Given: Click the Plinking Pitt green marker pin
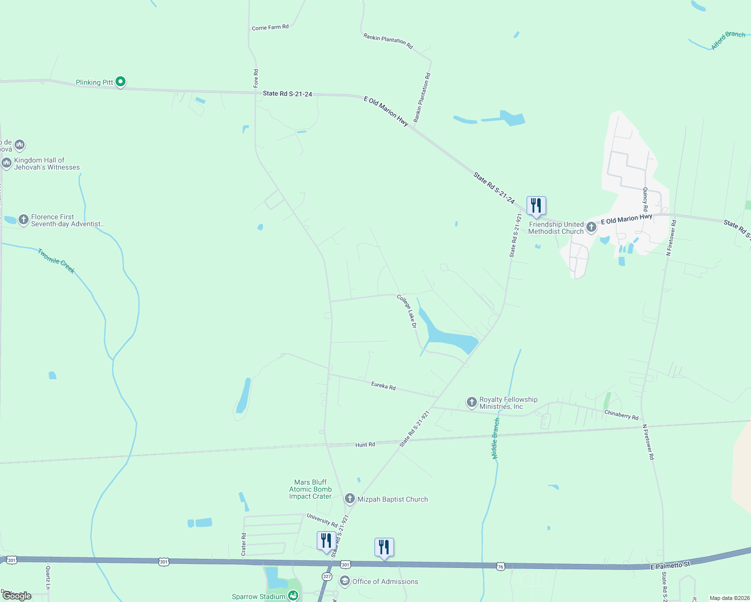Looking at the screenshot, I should click(x=120, y=81).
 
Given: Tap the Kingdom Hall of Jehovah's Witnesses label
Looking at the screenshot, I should click(x=47, y=164).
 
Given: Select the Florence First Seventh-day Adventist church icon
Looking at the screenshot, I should click(x=23, y=220).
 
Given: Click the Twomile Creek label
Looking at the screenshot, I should click(x=56, y=261).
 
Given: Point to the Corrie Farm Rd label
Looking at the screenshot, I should click(x=270, y=27).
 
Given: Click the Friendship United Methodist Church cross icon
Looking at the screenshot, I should click(x=591, y=227).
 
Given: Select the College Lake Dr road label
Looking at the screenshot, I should click(x=407, y=311).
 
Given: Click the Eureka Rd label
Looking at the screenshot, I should click(x=384, y=386).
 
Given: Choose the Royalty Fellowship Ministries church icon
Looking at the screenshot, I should click(x=471, y=402).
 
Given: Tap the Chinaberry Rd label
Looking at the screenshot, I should click(x=621, y=415).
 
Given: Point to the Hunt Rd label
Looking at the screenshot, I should click(x=365, y=444).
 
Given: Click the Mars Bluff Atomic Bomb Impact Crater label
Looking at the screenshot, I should click(x=310, y=489).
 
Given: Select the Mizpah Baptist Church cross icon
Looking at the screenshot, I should click(x=350, y=499).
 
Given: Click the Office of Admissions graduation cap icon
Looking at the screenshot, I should click(x=344, y=581).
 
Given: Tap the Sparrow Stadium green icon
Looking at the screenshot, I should click(x=293, y=595).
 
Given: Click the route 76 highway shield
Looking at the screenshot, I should click(x=500, y=566).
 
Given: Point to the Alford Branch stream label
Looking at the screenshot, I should click(x=728, y=40).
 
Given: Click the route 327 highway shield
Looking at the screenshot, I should click(x=327, y=576).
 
